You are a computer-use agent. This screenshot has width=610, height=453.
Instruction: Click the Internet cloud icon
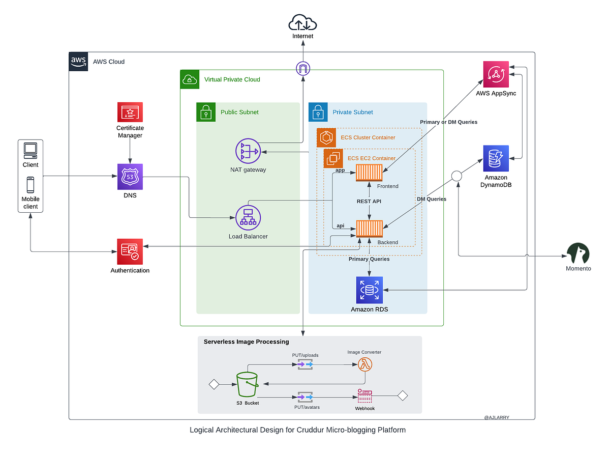pyautogui.click(x=302, y=23)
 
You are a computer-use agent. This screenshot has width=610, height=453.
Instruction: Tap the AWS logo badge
pyautogui.click(x=78, y=61)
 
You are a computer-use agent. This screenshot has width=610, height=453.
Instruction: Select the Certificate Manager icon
pyautogui.click(x=130, y=112)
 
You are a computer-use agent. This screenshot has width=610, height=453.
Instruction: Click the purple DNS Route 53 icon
pyautogui.click(x=130, y=177)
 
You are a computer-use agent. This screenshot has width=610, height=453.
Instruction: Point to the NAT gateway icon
pyautogui.click(x=248, y=151)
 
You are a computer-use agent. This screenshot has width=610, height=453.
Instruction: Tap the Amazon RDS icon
pyautogui.click(x=370, y=290)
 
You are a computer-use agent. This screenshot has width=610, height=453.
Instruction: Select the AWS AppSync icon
pyautogui.click(x=496, y=74)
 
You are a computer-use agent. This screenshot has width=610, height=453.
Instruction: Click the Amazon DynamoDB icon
pyautogui.click(x=496, y=158)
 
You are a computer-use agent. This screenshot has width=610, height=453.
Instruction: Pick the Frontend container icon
pyautogui.click(x=369, y=173)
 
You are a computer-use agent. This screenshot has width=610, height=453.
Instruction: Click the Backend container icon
pyautogui.click(x=369, y=229)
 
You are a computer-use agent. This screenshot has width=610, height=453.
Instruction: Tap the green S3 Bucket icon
pyautogui.click(x=248, y=385)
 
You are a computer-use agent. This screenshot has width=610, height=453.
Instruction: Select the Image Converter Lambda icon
pyautogui.click(x=365, y=364)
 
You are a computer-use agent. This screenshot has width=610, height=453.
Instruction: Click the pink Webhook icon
pyautogui.click(x=364, y=395)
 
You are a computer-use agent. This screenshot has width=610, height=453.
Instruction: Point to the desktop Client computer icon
pyautogui.click(x=30, y=150)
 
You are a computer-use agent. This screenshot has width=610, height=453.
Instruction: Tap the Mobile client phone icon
pyautogui.click(x=30, y=185)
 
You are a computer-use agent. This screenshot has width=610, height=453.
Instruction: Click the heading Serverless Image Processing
pyautogui.click(x=246, y=342)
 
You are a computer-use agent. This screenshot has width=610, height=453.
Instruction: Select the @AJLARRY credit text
pyautogui.click(x=497, y=417)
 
